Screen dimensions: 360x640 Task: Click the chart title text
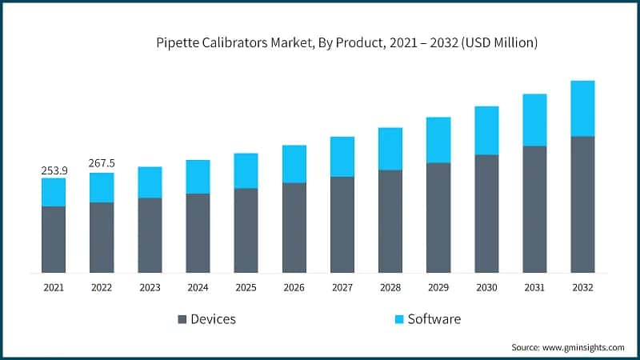tap(346, 43)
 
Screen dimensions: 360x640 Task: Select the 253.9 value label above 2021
tap(54, 170)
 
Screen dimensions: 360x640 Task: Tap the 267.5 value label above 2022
tap(102, 164)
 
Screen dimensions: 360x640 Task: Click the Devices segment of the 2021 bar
tap(54, 239)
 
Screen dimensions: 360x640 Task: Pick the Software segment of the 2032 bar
tap(582, 108)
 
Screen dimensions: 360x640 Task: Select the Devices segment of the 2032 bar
tap(582, 204)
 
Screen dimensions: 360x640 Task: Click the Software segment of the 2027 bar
tap(342, 156)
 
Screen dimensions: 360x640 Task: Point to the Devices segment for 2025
tap(246, 230)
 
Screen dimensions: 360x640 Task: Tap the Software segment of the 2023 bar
tap(150, 182)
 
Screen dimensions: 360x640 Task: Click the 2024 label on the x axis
tap(198, 287)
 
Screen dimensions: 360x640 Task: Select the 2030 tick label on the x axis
tap(486, 287)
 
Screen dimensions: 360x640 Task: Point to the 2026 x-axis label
tap(294, 287)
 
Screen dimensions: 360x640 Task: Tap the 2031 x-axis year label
tap(534, 287)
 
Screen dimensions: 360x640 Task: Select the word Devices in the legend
tap(214, 319)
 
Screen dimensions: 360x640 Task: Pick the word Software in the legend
tap(434, 319)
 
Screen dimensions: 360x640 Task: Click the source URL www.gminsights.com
tap(582, 347)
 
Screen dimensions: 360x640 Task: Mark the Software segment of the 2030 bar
tap(486, 130)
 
